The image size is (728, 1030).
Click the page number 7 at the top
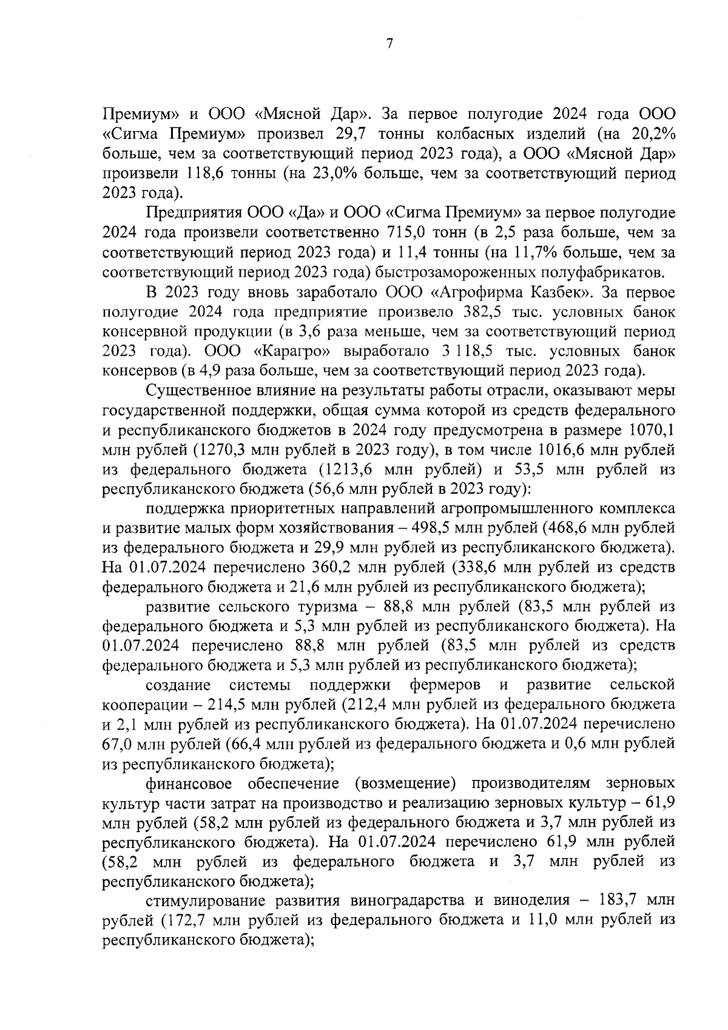tap(389, 44)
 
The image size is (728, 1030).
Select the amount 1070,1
tap(652, 430)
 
